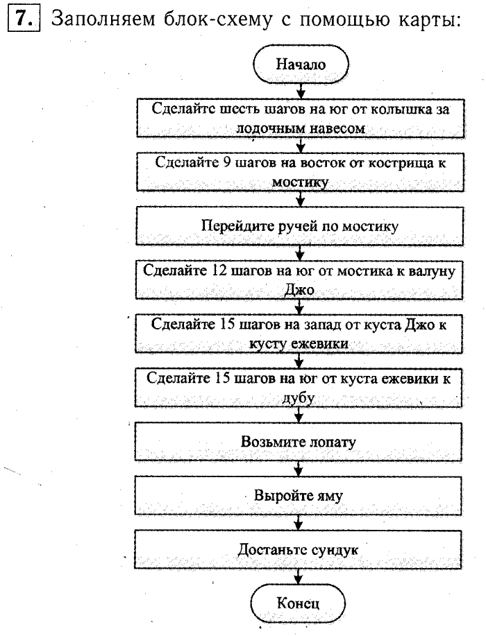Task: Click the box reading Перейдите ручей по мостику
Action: tap(300, 225)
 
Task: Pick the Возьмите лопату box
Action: tap(300, 440)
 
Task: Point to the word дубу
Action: tap(300, 399)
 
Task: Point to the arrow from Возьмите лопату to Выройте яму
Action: tap(300, 468)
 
